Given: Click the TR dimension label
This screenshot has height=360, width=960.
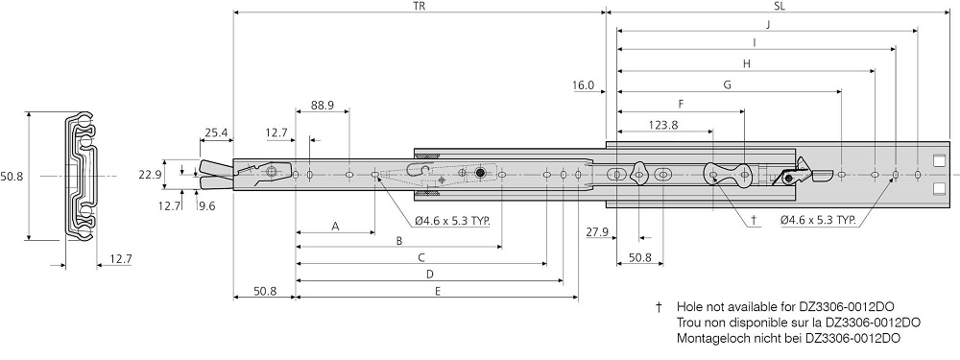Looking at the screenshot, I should click(x=419, y=6).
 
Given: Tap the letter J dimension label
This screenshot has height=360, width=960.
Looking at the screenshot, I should click(x=767, y=25).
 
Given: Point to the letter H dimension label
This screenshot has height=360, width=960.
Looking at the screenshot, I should click(x=746, y=63).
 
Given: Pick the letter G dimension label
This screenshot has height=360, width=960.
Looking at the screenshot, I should click(x=728, y=84).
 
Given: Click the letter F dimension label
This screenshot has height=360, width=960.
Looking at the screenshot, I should click(x=681, y=104).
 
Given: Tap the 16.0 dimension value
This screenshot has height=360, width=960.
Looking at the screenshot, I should click(x=583, y=85).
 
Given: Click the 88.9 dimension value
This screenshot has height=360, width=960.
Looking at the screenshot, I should click(x=322, y=107).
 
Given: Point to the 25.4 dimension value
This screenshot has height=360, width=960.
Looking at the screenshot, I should click(x=215, y=133).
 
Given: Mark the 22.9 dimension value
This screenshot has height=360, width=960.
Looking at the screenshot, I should click(x=149, y=174).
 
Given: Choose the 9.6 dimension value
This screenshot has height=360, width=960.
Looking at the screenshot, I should click(x=206, y=204).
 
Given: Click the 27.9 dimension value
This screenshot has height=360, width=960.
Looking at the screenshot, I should click(x=597, y=231).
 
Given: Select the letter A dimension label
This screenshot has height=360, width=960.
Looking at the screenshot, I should click(x=334, y=227).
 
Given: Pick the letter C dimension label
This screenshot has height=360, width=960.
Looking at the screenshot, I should click(x=421, y=258).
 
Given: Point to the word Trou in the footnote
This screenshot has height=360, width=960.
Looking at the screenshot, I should click(x=691, y=322).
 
